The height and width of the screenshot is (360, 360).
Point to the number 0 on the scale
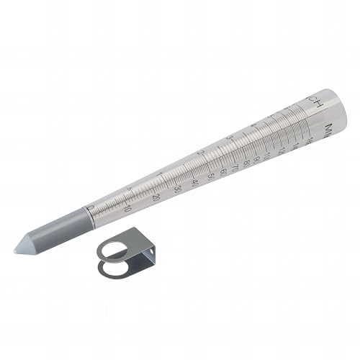point(90,208)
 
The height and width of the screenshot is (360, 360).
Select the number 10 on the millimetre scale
point(127,210)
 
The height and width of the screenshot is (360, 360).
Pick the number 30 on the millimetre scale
point(178,189)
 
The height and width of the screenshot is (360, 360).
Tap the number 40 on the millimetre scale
point(195,182)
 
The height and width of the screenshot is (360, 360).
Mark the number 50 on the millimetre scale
point(210,176)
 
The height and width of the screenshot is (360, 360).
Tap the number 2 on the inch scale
point(202,153)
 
